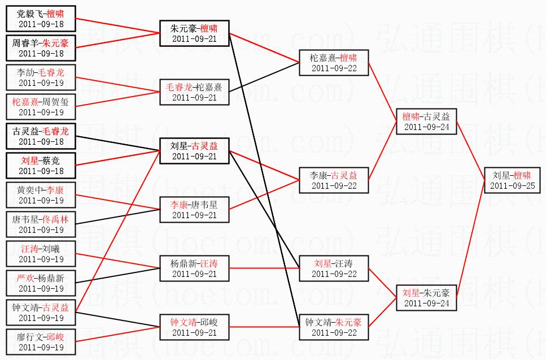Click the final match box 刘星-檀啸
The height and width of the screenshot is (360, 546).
point(512,180)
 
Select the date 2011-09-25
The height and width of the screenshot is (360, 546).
point(512,186)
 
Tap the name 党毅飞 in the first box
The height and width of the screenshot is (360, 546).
point(29,14)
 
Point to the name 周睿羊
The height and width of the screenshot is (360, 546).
point(30,43)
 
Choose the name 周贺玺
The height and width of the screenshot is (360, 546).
point(55,102)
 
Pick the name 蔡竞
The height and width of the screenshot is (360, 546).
point(51,161)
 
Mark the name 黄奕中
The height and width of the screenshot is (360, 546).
point(29,190)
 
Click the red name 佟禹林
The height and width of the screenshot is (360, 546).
point(55,219)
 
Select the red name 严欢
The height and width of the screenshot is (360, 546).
point(25,278)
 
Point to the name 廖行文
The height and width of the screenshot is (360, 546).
point(29,337)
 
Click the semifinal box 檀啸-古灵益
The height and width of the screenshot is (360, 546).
point(426,122)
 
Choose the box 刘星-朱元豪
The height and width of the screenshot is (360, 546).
point(426,298)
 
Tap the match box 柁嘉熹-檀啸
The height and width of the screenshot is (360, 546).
point(334,63)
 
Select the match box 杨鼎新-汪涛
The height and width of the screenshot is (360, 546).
point(194,268)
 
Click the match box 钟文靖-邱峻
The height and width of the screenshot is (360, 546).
point(194,327)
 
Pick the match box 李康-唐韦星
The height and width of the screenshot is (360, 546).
point(194,210)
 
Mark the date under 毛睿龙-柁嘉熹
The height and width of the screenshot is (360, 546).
point(194,97)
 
